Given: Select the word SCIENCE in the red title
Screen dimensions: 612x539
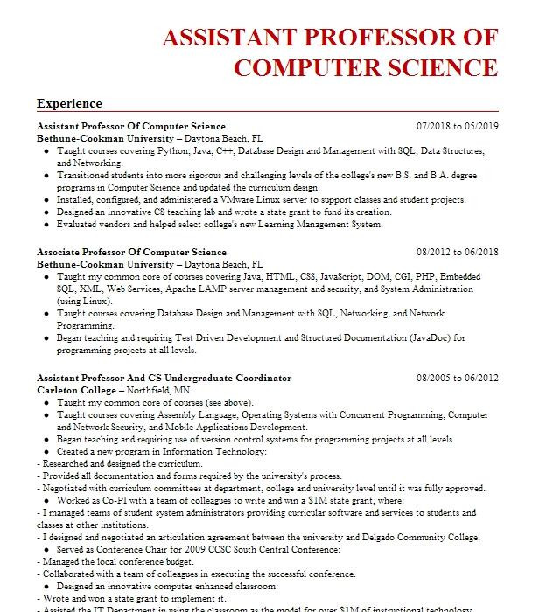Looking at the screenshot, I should (x=432, y=68).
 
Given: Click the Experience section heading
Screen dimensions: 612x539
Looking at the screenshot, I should (x=69, y=103).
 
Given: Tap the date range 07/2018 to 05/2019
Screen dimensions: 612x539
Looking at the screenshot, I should (x=457, y=127).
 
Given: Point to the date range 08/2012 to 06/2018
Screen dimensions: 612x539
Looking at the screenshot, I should (x=457, y=253).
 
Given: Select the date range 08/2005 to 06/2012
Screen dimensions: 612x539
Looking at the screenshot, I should (x=457, y=378).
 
